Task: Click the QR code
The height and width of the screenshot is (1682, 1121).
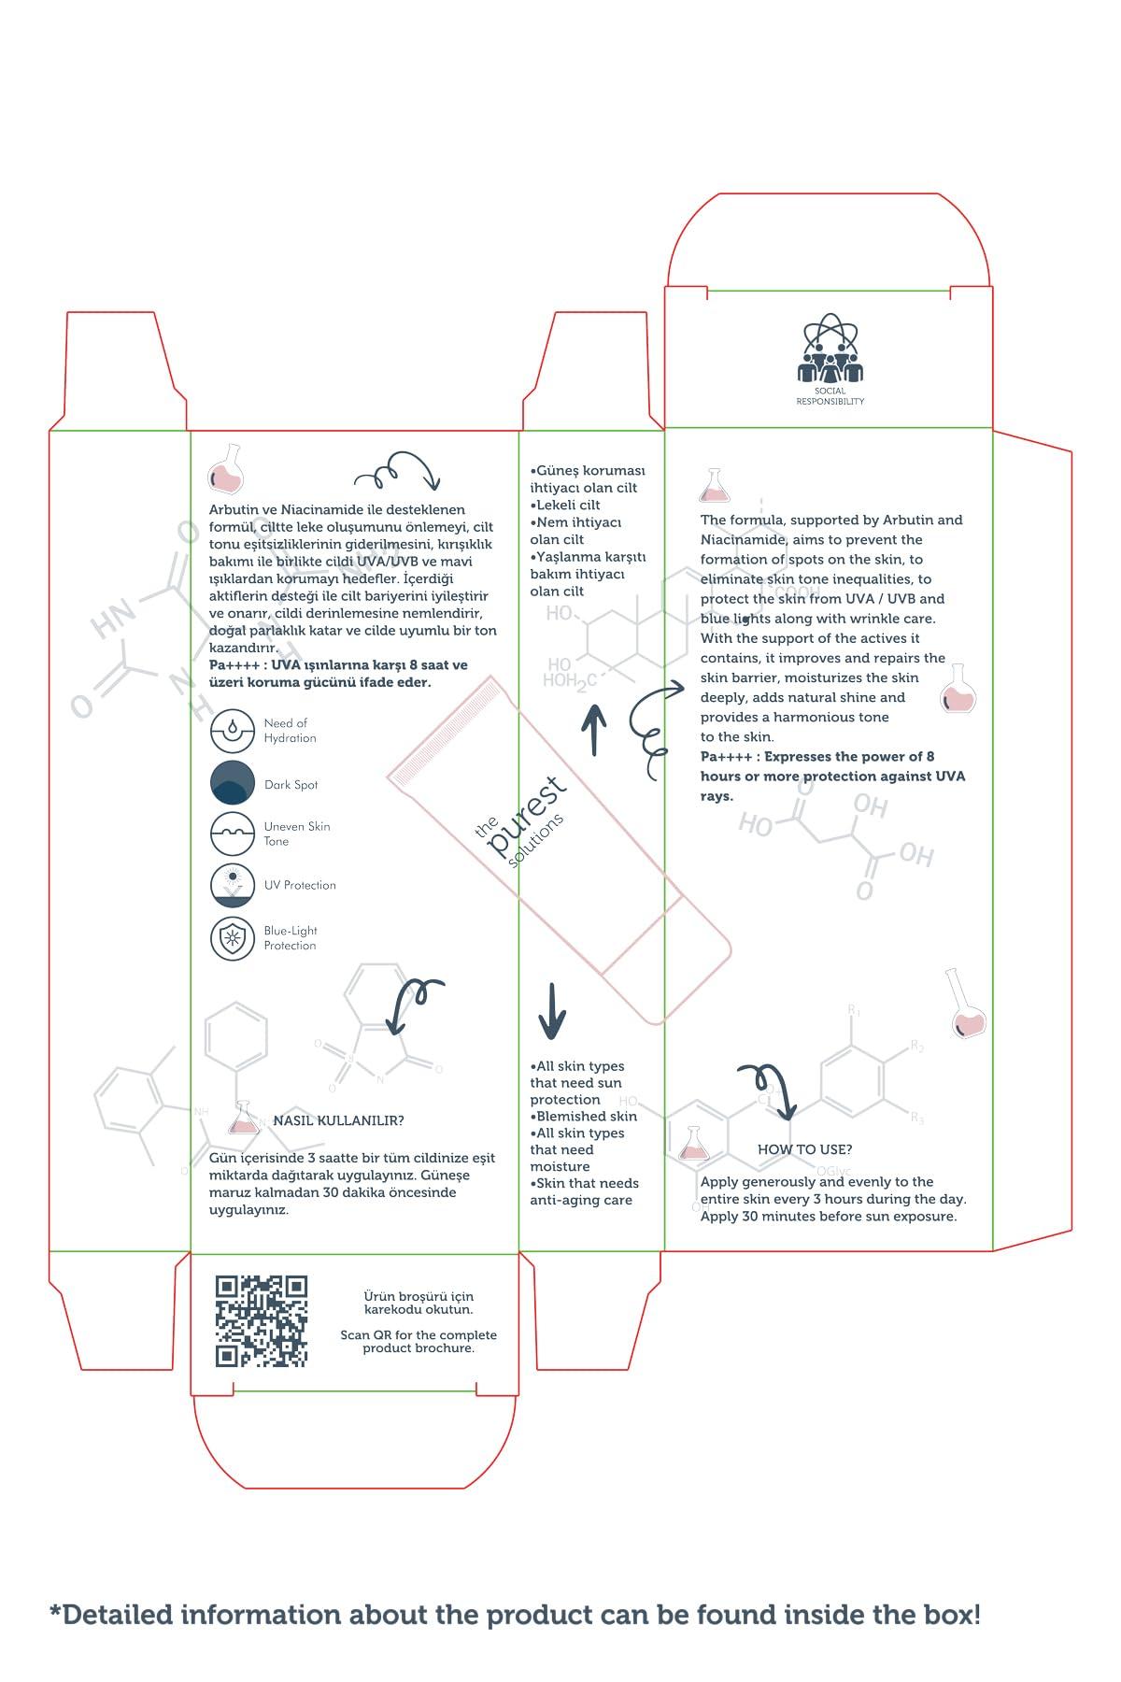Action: tap(261, 1321)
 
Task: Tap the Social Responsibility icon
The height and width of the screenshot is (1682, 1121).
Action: tap(830, 349)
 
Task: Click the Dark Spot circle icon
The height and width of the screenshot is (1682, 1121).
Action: tap(232, 783)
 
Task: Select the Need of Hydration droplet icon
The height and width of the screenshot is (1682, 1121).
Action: tap(232, 731)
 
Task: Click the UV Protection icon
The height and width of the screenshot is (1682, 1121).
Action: tap(232, 885)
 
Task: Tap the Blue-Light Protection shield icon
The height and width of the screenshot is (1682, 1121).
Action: tap(232, 938)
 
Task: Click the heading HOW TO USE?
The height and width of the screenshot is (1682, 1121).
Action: tap(804, 1149)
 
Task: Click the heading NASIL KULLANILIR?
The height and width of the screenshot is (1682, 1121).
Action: tap(338, 1120)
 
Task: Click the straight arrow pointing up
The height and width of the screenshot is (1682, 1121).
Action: tap(594, 730)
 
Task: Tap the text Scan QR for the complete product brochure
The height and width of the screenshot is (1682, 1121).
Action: tap(419, 1342)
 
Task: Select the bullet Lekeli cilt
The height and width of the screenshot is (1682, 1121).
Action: tap(567, 505)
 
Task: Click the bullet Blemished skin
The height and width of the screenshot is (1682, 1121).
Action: tap(584, 1116)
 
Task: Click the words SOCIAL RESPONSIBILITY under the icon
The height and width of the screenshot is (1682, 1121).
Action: tap(830, 396)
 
